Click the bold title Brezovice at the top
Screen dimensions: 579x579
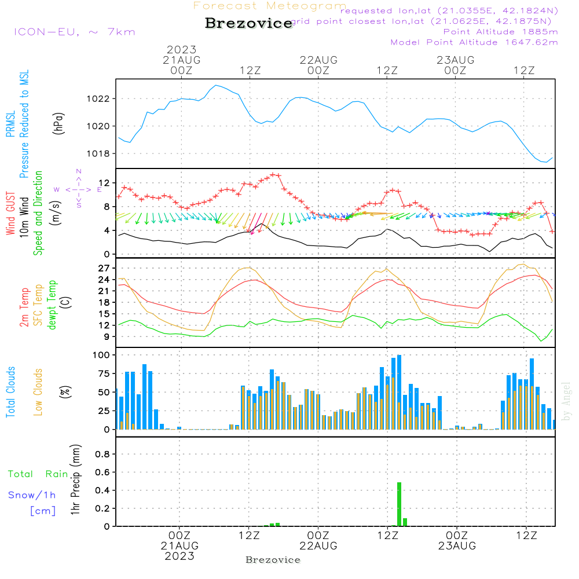coord(248,23)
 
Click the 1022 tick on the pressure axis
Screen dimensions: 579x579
coord(102,98)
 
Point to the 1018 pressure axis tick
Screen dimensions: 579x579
coord(102,153)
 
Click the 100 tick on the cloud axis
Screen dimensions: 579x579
coord(101,354)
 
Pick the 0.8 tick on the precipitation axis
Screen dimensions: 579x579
coord(102,455)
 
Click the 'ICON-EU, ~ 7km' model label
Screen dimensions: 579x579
coord(74,32)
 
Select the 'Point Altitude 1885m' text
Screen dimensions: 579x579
coord(500,32)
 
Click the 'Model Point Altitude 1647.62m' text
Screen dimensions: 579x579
coord(474,42)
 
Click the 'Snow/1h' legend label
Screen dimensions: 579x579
coord(32,495)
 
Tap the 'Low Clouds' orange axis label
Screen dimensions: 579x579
coord(39,393)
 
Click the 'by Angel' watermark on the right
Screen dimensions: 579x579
coord(566,401)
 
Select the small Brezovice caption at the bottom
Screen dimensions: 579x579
coord(273,560)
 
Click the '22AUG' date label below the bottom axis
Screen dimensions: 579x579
coord(318,546)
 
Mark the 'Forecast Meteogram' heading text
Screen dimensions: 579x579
coord(270,6)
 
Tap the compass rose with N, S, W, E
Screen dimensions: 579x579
coord(78,189)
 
